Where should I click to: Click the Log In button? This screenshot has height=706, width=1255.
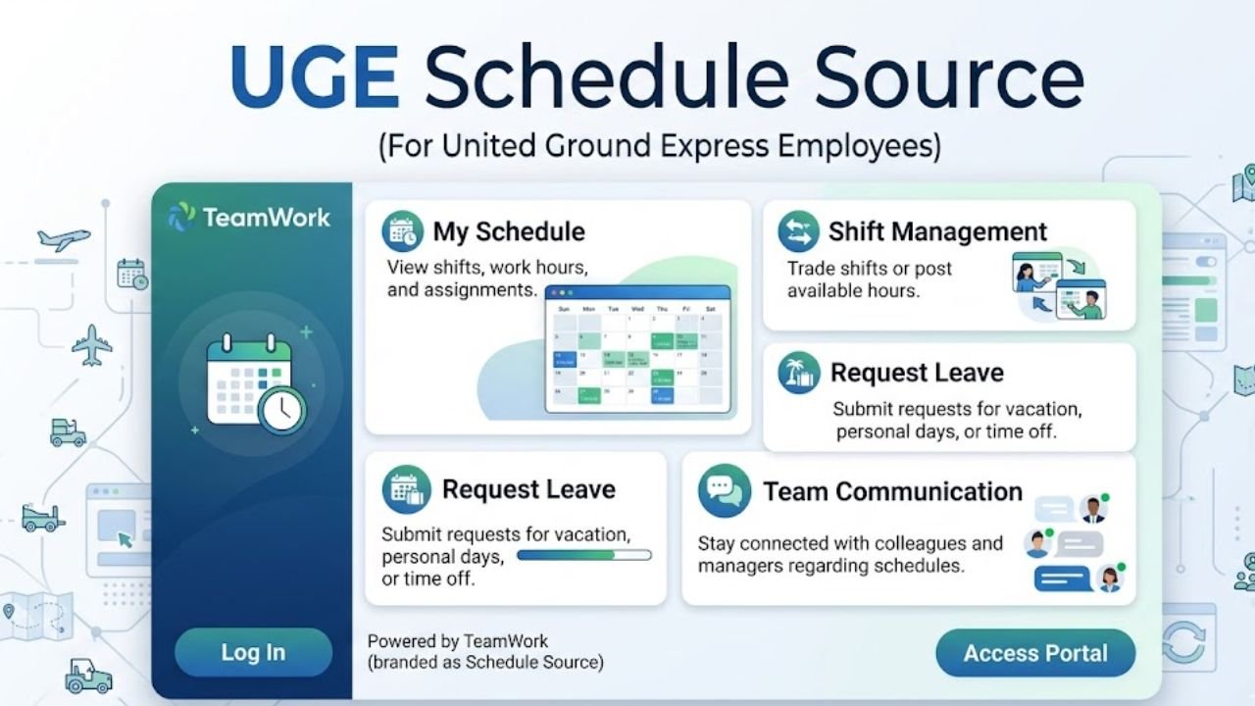(x=253, y=652)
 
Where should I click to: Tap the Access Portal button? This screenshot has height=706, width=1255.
(x=1034, y=653)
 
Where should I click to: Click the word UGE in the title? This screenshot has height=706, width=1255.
(x=314, y=78)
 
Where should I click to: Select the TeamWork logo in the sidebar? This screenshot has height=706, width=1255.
(x=249, y=217)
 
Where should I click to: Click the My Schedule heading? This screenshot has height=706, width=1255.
(x=508, y=231)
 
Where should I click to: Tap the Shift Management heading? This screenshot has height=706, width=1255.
(x=937, y=231)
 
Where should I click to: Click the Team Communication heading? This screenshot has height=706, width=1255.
(x=892, y=491)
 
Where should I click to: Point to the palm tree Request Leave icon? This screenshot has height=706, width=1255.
(x=799, y=374)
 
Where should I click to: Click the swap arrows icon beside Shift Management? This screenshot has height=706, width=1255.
(x=798, y=232)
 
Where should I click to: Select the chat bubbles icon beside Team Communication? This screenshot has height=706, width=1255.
(x=724, y=491)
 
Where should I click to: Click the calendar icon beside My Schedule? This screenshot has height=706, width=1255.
(x=403, y=231)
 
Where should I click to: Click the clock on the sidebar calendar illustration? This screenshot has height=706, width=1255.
(x=282, y=410)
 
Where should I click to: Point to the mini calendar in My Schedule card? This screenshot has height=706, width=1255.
(x=637, y=349)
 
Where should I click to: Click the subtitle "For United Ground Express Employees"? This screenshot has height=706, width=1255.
(x=659, y=146)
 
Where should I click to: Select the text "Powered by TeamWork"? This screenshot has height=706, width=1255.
(x=458, y=641)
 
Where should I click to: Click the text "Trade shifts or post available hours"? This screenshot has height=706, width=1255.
(x=869, y=279)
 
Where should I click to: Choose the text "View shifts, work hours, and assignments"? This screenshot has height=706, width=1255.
(x=486, y=278)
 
